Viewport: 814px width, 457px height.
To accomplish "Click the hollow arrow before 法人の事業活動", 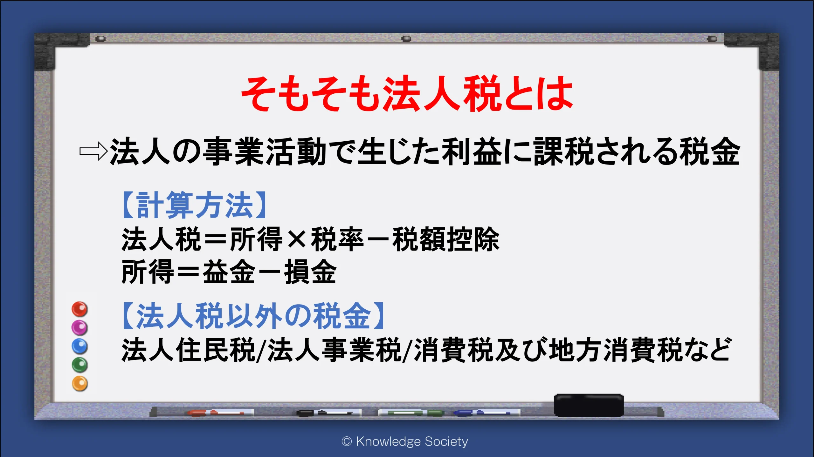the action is tap(93, 151).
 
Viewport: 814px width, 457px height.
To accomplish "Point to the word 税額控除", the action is tap(446, 239).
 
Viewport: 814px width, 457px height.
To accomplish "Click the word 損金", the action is tap(310, 272).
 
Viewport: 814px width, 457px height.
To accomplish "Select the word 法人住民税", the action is tap(188, 350).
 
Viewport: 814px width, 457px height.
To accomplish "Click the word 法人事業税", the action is tap(334, 350).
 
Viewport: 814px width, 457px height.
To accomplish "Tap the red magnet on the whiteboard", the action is tap(79, 309).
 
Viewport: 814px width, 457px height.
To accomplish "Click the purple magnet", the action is tap(79, 327).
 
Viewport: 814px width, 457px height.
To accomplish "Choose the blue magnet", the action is tap(79, 346).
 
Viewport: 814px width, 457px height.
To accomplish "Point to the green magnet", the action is tap(79, 365).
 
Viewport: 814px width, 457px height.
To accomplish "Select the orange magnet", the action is tap(79, 383).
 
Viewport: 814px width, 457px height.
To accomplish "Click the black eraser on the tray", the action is tap(589, 405).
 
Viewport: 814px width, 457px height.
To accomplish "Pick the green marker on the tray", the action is tap(411, 413).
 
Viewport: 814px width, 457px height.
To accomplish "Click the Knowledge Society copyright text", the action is tap(405, 441).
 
